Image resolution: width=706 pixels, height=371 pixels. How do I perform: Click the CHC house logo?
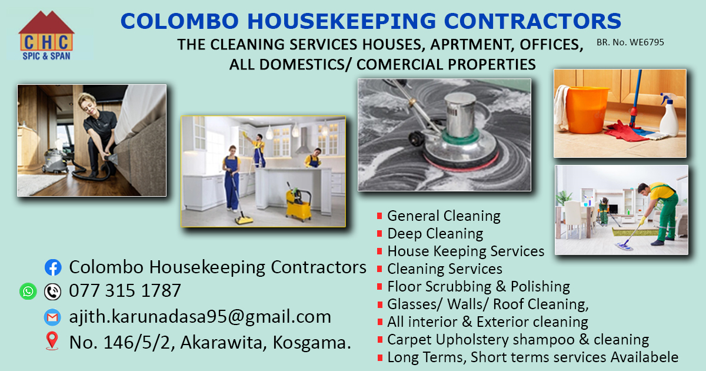pyautogui.click(x=46, y=35)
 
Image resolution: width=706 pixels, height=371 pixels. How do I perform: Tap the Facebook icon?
pyautogui.click(x=53, y=267)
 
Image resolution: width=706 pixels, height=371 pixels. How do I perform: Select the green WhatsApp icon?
pyautogui.click(x=28, y=291)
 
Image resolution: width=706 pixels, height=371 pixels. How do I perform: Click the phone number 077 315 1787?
pyautogui.click(x=125, y=290)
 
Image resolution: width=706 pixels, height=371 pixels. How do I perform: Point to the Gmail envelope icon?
pyautogui.click(x=52, y=317)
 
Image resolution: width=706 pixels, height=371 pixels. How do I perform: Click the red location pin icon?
pyautogui.click(x=52, y=341)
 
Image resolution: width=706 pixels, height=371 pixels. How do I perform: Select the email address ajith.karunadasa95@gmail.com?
pyautogui.click(x=200, y=317)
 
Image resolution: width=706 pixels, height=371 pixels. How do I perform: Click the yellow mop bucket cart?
pyautogui.click(x=298, y=203)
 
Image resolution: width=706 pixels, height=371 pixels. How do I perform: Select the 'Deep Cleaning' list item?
pyautogui.click(x=435, y=234)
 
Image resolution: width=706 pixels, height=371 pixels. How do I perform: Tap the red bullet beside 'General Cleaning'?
pyautogui.click(x=379, y=216)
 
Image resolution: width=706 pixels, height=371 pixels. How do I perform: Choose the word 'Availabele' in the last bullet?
pyautogui.click(x=644, y=357)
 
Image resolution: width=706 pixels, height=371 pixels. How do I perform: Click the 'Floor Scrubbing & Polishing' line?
pyautogui.click(x=478, y=287)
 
